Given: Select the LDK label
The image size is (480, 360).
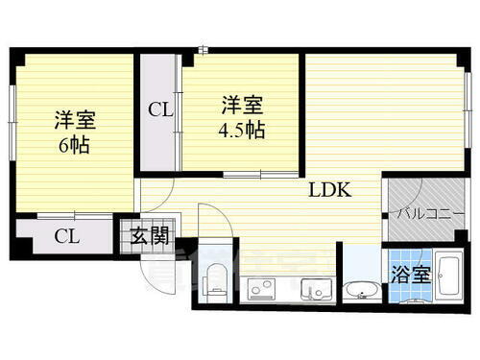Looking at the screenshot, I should (x=329, y=189).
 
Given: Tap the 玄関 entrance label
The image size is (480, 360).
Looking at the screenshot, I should (x=139, y=234).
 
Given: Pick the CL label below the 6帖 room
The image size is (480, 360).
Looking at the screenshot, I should (x=66, y=235).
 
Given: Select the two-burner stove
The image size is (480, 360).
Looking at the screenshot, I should (x=259, y=288).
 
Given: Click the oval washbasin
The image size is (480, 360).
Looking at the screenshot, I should (x=362, y=288).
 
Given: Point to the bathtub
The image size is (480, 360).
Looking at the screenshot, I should (x=450, y=277).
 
